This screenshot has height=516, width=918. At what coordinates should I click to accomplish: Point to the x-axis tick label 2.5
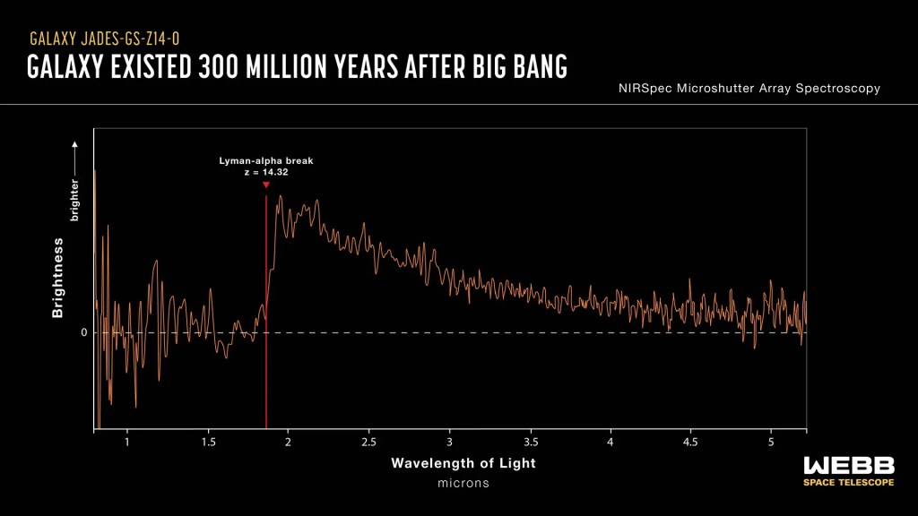tap(368, 443)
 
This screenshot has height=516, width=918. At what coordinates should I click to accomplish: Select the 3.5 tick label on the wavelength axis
tap(530, 443)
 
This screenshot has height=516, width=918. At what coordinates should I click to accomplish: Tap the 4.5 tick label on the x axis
tap(690, 443)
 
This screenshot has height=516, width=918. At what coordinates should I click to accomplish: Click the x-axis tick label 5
tap(771, 443)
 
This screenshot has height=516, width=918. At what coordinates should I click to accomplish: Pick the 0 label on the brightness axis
tap(83, 332)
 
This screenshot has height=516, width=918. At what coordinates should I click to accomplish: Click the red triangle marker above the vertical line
tap(266, 185)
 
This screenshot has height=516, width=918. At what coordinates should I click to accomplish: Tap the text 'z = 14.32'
tap(266, 172)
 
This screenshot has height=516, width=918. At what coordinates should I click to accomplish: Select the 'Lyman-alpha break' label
tap(266, 161)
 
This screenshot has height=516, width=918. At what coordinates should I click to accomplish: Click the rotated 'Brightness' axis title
tap(58, 278)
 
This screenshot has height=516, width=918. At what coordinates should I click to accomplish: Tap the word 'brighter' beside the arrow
tap(75, 200)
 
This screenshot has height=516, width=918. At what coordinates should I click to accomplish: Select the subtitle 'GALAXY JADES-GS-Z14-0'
tap(109, 39)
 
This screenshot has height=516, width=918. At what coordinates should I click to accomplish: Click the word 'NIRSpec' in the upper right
tap(645, 89)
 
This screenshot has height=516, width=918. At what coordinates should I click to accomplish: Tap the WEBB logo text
tap(848, 465)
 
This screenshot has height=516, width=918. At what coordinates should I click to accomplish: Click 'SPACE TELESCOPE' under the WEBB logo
tap(848, 483)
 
